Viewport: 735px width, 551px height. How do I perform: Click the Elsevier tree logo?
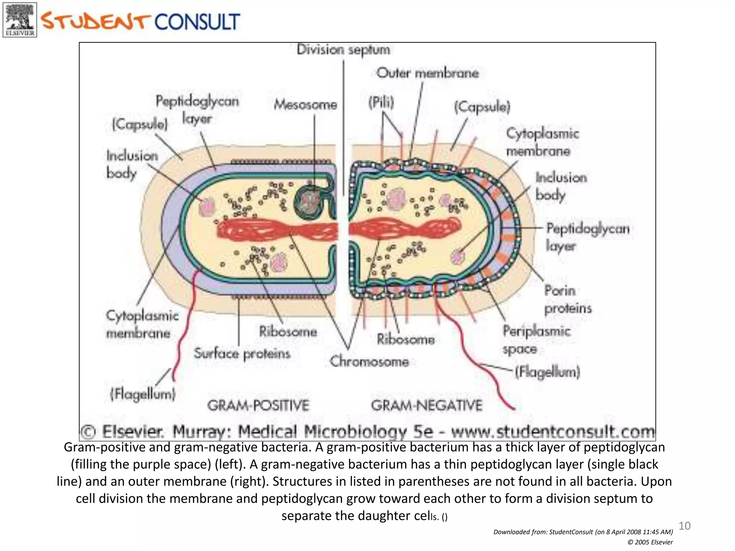[x=20, y=20]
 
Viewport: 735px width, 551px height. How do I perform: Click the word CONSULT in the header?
[x=197, y=22]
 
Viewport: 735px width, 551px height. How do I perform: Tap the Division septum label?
[x=343, y=50]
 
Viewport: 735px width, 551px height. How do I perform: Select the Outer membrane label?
[x=427, y=73]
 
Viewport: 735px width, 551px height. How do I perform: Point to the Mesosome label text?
[x=305, y=105]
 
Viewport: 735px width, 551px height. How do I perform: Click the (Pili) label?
[x=381, y=103]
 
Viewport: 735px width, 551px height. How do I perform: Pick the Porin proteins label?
[x=567, y=300]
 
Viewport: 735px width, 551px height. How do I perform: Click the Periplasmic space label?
[x=536, y=339]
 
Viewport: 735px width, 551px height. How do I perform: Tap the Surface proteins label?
[x=242, y=354]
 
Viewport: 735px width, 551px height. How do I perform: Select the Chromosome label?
[x=369, y=361]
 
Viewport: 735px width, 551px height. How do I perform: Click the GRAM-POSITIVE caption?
[x=258, y=405]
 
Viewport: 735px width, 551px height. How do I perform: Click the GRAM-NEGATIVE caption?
[x=426, y=405]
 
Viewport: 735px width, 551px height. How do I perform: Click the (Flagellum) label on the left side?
[x=143, y=394]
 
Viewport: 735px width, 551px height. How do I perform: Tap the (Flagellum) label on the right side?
[x=547, y=372]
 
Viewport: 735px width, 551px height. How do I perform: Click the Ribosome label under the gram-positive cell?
[x=288, y=331]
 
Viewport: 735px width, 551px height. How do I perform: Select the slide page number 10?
[x=684, y=526]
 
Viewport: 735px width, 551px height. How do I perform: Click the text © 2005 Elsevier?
[x=650, y=542]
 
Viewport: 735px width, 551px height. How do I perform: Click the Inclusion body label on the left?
[x=132, y=164]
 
